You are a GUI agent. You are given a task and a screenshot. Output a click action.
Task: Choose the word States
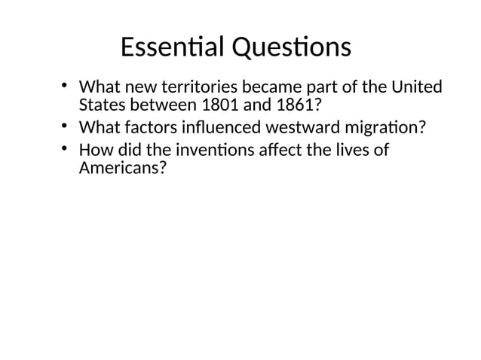pos(100,105)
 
